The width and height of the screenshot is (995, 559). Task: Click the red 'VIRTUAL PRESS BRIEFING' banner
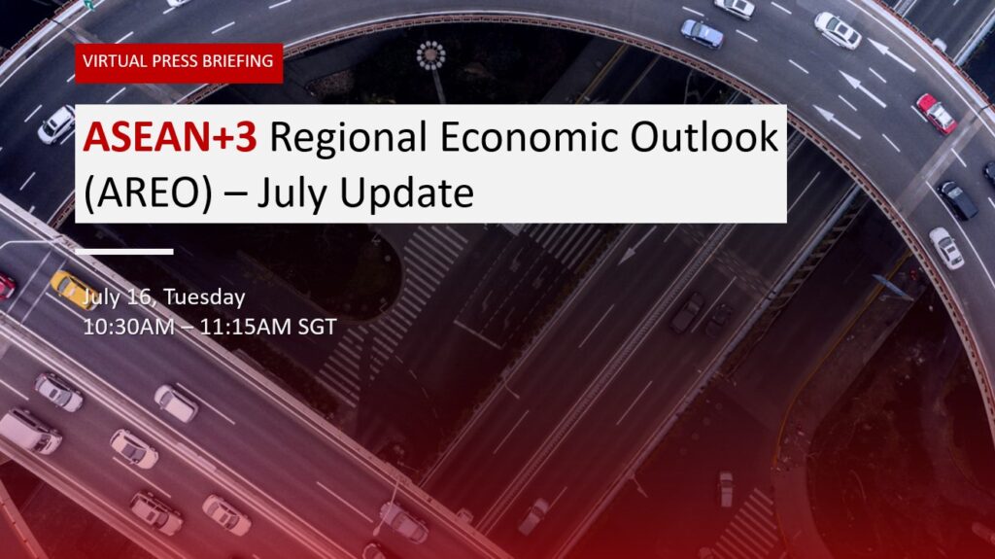[179, 63]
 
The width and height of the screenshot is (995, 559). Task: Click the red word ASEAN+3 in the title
[170, 137]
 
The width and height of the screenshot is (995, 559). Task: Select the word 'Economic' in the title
[529, 137]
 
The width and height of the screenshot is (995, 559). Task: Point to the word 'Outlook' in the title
[704, 136]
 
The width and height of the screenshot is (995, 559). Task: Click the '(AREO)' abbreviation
[148, 193]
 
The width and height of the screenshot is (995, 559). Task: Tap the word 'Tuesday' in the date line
[204, 297]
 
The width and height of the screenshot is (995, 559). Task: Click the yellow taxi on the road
[72, 290]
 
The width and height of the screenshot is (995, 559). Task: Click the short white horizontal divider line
[124, 252]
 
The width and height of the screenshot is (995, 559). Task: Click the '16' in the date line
[144, 297]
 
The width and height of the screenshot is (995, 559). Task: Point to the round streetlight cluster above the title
[430, 56]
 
